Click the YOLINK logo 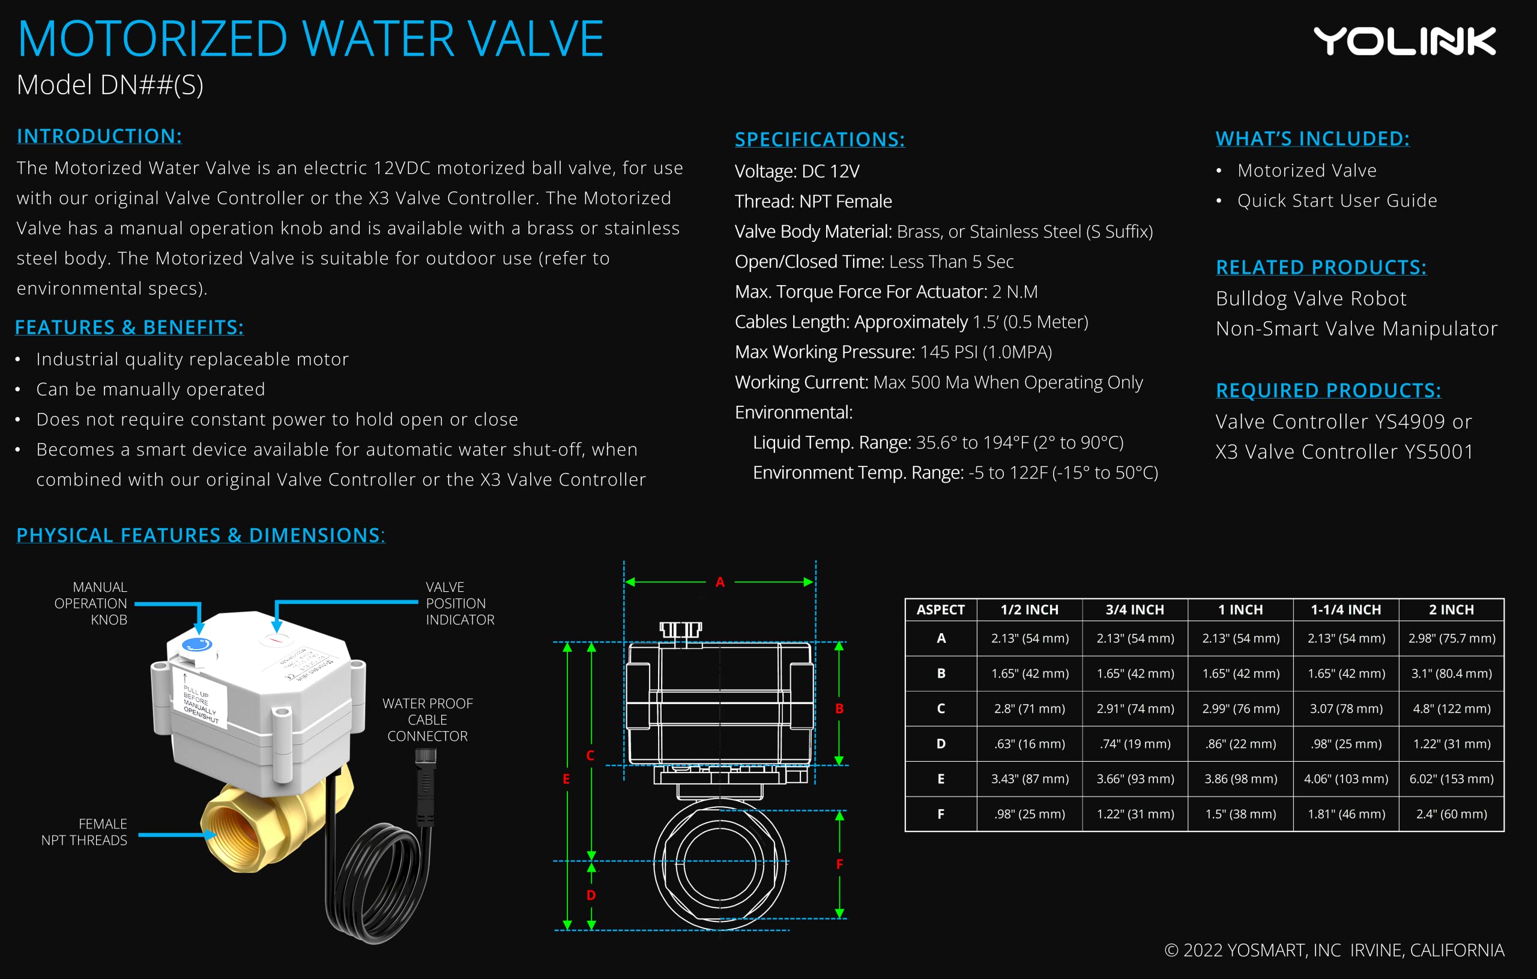(x=1404, y=41)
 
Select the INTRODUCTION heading (x=100, y=136)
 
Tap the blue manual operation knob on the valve (x=196, y=644)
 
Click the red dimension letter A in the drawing (x=720, y=582)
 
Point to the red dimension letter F (x=839, y=864)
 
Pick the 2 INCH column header (x=1451, y=609)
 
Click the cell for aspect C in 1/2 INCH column (x=1029, y=708)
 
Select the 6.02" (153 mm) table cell (x=1451, y=779)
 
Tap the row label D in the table (x=940, y=744)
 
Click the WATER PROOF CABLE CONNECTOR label (x=427, y=719)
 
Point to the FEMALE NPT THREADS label (x=84, y=831)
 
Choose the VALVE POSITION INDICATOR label (x=459, y=603)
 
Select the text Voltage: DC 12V (x=797, y=171)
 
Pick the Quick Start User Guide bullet (x=1336, y=200)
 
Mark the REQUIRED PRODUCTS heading (x=1327, y=390)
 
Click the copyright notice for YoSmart (x=1334, y=950)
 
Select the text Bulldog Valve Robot (x=1311, y=299)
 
